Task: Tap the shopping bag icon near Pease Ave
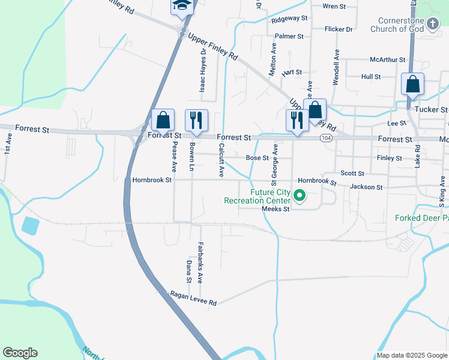pos(163,119)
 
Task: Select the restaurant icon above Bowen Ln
pos(196,120)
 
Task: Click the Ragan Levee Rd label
pos(193,299)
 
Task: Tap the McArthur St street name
pos(388,60)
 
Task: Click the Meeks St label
pos(276,209)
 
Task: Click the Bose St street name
pos(257,158)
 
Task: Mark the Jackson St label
pos(366,187)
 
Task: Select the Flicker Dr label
pos(338,29)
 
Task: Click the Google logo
pos(20,353)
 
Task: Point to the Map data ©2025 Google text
pos(412,355)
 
